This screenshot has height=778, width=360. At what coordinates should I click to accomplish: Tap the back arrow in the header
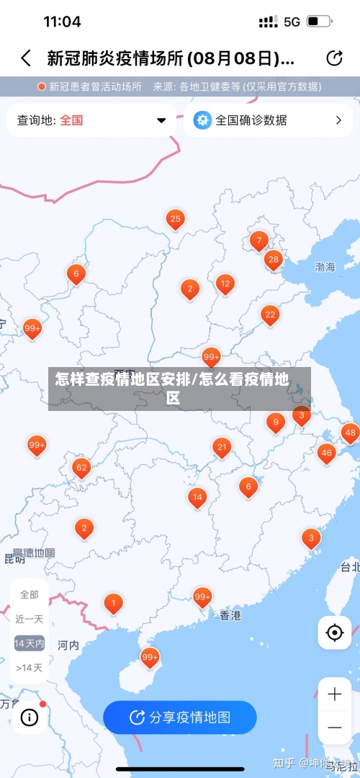pyautogui.click(x=26, y=58)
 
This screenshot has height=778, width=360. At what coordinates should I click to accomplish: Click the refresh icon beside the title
pyautogui.click(x=334, y=58)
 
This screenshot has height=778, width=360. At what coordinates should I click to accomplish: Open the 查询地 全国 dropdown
pyautogui.click(x=91, y=120)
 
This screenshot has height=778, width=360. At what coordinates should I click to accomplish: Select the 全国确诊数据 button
pyautogui.click(x=267, y=120)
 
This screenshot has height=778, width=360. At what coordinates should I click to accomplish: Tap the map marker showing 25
pyautogui.click(x=175, y=219)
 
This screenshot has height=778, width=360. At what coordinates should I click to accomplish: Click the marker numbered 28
pyautogui.click(x=273, y=260)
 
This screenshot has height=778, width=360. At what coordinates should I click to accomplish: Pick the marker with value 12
pyautogui.click(x=225, y=284)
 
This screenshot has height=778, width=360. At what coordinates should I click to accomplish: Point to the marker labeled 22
pyautogui.click(x=270, y=315)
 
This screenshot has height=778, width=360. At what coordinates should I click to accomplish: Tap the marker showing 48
pyautogui.click(x=350, y=433)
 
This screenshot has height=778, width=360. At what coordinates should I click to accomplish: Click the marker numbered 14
pyautogui.click(x=197, y=497)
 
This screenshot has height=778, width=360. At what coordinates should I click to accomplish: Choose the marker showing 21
pyautogui.click(x=222, y=448)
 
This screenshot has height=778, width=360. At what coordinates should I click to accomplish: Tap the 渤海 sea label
pyautogui.click(x=325, y=267)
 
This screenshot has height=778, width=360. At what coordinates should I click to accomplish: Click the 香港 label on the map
pyautogui.click(x=230, y=615)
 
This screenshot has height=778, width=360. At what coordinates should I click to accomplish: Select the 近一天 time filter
pyautogui.click(x=30, y=619)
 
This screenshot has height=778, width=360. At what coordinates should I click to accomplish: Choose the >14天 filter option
pyautogui.click(x=30, y=668)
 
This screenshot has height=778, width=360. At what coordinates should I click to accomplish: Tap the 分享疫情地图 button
pyautogui.click(x=180, y=717)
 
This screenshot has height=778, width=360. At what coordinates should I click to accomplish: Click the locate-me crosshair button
pyautogui.click(x=334, y=633)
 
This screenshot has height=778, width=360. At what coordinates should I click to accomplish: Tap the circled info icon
pyautogui.click(x=30, y=717)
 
